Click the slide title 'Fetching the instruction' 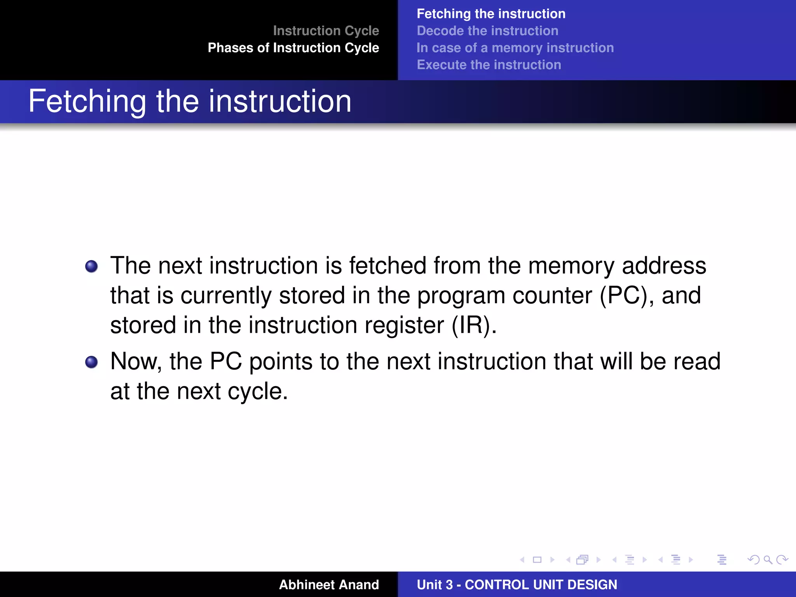coord(190,101)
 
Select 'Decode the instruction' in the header coord(487,31)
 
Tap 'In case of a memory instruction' coord(515,48)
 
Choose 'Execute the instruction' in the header coord(489,65)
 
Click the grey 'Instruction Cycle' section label coord(326,31)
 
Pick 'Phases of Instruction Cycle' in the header coord(293,48)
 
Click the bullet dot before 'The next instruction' coord(91,267)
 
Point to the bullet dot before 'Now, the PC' coord(91,362)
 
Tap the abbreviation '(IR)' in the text coord(474,325)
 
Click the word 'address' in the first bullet coord(664,266)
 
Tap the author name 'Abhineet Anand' coord(328,585)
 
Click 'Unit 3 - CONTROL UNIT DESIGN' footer coord(517,585)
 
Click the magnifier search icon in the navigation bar coord(768,560)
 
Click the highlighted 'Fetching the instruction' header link coord(491,14)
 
